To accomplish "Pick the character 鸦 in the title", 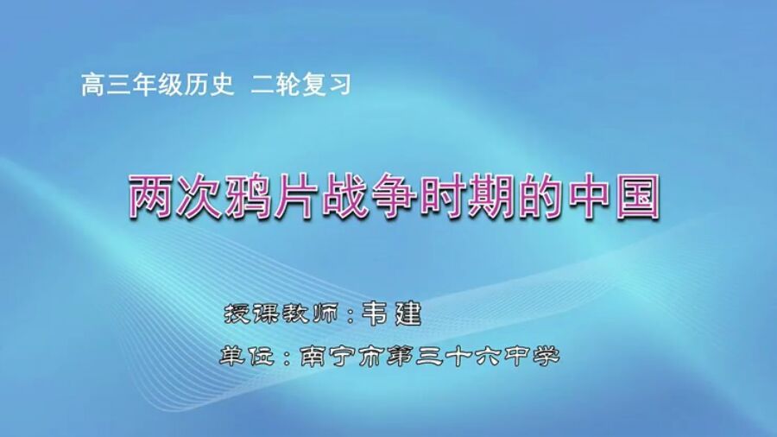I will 262,197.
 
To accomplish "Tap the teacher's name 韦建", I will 391,312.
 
